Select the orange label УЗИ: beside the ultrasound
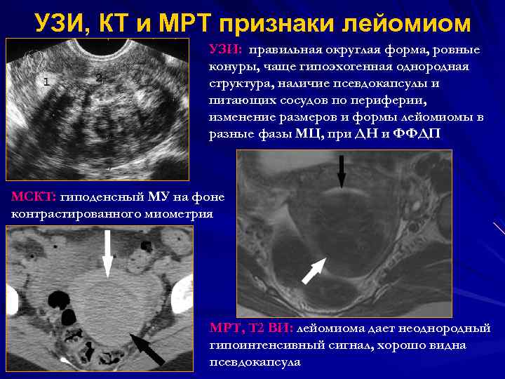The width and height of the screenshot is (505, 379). [x=226, y=51]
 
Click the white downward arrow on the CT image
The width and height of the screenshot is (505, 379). [x=107, y=253]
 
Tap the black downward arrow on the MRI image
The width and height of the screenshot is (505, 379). [x=341, y=172]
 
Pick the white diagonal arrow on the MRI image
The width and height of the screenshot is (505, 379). [x=314, y=270]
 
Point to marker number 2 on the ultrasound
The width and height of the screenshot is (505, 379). [x=99, y=77]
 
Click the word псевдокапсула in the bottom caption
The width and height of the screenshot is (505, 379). [x=255, y=362]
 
